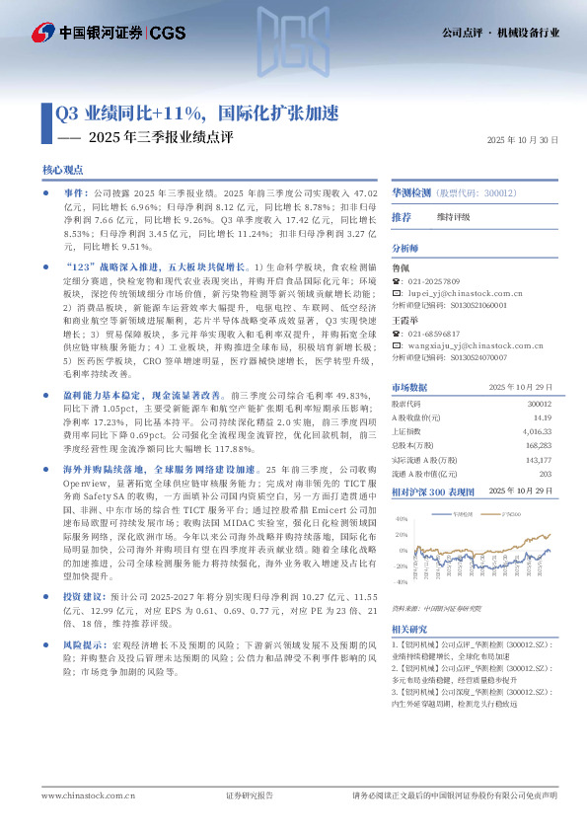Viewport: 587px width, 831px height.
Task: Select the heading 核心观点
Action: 63,172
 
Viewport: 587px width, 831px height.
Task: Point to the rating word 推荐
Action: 402,217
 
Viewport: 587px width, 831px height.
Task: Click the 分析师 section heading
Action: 405,248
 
